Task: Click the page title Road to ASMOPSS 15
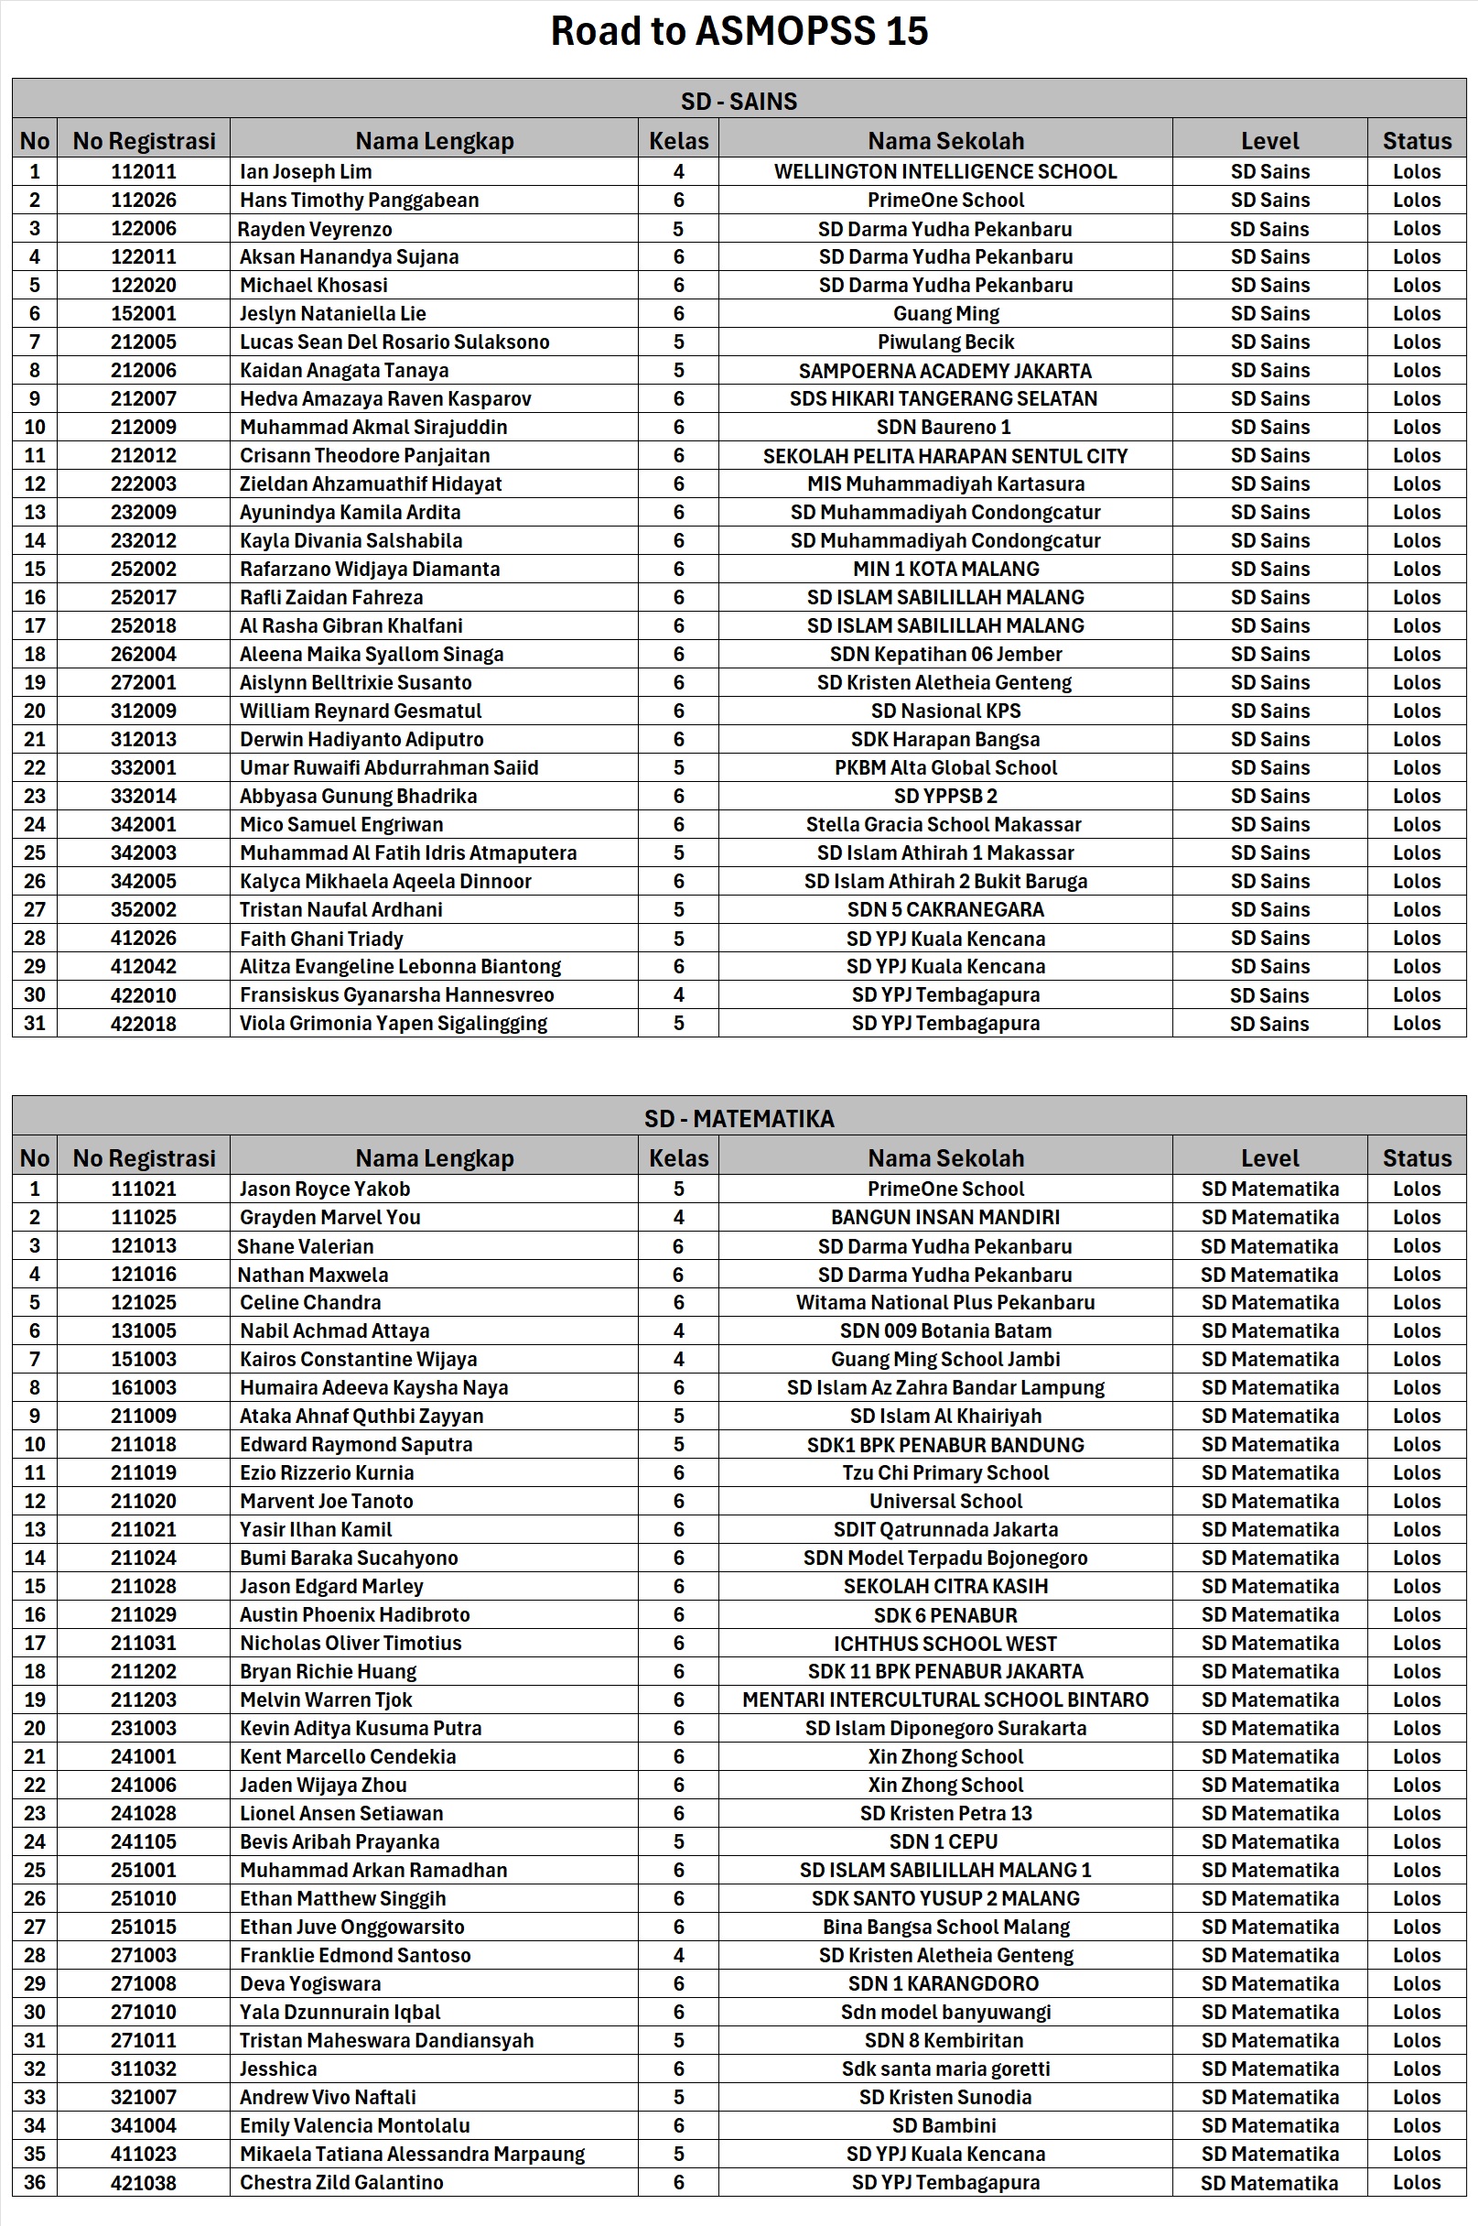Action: point(739,31)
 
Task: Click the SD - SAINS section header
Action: point(739,101)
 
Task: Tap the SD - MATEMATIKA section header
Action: point(739,1118)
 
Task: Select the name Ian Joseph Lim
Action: point(306,171)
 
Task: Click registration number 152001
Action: point(144,313)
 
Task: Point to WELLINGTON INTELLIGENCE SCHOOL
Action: point(945,171)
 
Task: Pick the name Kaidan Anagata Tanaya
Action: point(344,371)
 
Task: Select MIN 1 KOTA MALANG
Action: point(945,569)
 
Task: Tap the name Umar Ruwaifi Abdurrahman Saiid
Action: point(389,767)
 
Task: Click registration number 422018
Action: point(144,1023)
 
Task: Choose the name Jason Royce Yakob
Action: point(324,1189)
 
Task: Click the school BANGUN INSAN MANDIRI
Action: point(945,1217)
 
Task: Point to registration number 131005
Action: point(144,1330)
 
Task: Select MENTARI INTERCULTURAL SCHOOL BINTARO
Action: point(945,1699)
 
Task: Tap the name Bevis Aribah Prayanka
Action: point(340,1841)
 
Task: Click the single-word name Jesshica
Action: point(278,2069)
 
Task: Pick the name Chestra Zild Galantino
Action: point(341,2182)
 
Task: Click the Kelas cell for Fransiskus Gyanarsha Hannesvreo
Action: point(679,994)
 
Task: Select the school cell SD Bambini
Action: point(944,2125)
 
